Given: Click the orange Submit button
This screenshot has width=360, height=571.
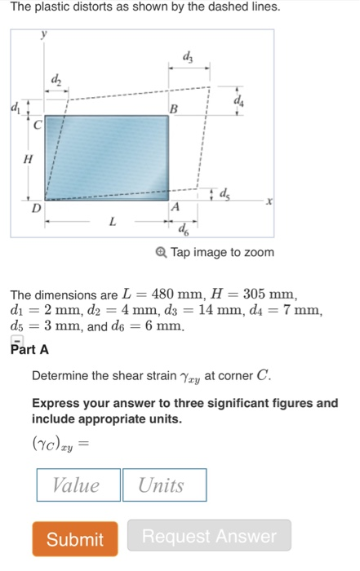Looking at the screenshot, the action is click(x=75, y=538).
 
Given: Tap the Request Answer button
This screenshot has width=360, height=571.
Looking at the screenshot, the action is click(x=209, y=537).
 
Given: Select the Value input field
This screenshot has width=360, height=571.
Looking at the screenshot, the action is click(x=78, y=485).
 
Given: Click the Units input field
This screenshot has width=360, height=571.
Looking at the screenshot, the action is click(x=163, y=485).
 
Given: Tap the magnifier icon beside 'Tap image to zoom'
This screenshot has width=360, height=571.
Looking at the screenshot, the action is click(x=162, y=252).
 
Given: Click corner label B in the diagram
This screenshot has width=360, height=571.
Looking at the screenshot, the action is click(x=172, y=109).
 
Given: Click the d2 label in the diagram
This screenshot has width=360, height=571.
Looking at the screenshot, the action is click(x=56, y=79).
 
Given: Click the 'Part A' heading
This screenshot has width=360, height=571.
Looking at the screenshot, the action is click(x=29, y=349).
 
